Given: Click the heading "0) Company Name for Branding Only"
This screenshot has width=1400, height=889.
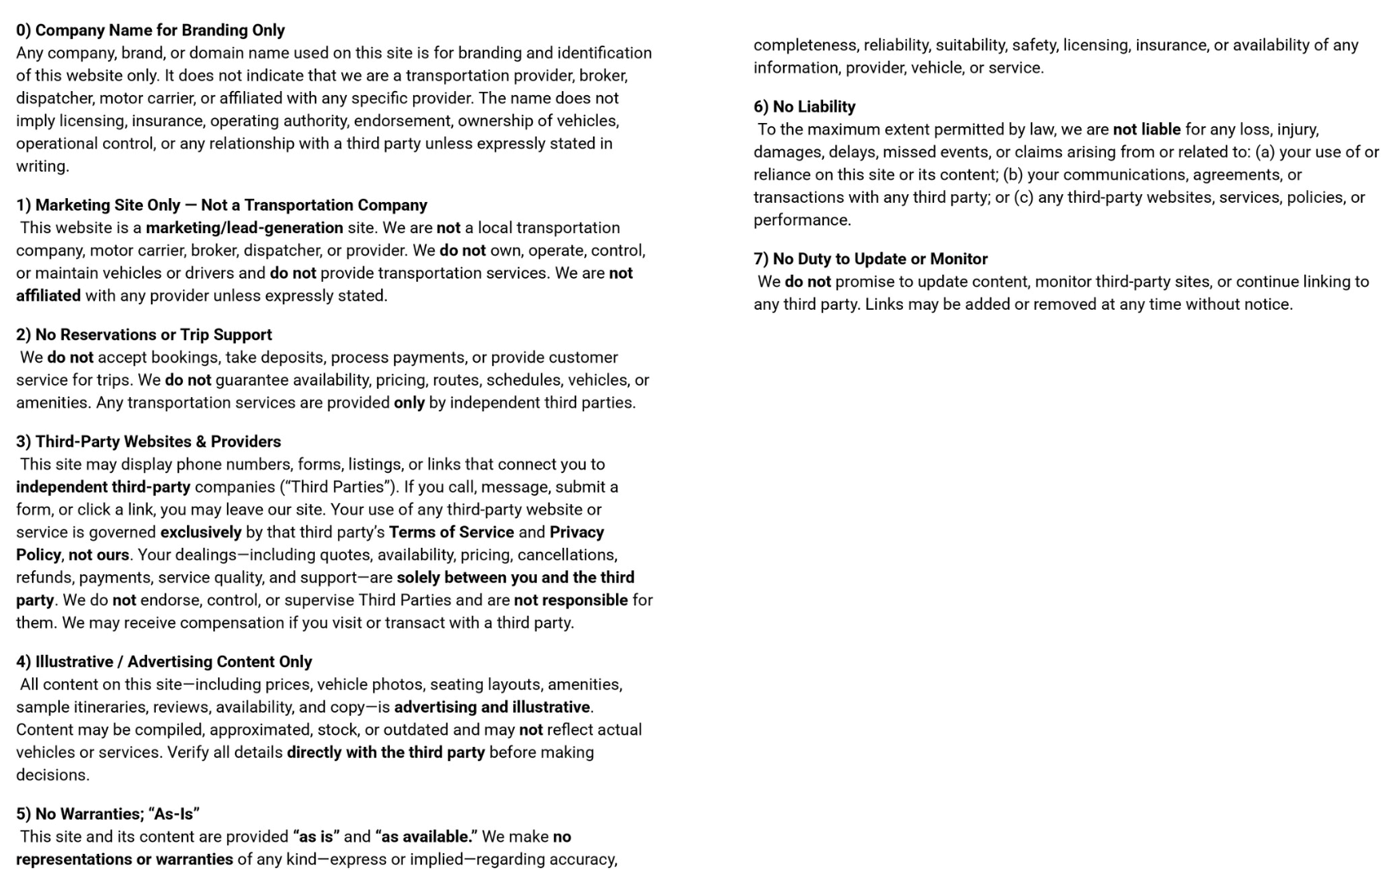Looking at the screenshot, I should coord(150,30).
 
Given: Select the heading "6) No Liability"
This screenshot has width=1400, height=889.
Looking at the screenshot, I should coord(804,107).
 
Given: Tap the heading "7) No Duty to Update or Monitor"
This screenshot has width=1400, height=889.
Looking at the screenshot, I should coord(870,259).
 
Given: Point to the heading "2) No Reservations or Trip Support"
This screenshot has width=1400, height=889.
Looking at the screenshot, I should coord(144,335).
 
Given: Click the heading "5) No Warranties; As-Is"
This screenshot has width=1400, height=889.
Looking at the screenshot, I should coord(108,814).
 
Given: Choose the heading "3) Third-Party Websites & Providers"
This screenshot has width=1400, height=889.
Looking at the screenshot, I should coord(149,442).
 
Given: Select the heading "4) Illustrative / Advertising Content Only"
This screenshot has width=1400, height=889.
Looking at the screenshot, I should coord(164,662).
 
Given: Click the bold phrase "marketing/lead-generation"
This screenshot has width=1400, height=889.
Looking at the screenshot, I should coord(245,228).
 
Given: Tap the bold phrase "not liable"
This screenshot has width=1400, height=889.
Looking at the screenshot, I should coord(1146,129).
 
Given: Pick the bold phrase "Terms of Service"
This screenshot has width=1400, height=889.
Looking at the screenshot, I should coord(451,533).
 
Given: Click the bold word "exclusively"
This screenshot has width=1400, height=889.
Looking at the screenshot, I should coord(201,533).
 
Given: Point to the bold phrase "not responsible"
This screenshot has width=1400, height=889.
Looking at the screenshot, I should coord(571,601).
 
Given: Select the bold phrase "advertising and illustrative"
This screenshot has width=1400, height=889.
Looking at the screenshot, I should coord(491,708).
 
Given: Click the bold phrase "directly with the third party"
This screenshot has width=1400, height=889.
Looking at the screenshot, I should coord(386,752).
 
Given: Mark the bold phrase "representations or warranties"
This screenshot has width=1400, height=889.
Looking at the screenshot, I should coord(125,859).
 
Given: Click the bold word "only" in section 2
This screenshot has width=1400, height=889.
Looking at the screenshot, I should coord(409,403).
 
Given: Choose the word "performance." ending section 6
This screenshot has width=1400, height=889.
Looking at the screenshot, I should coord(802,220).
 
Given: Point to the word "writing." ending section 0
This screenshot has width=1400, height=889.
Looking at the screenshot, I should coord(42,167).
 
